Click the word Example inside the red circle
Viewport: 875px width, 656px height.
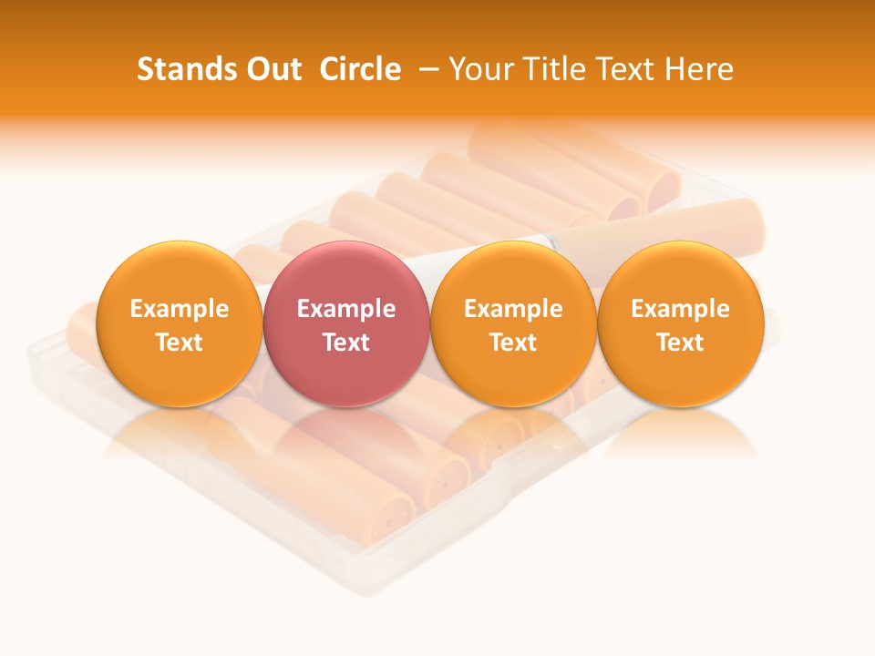346,309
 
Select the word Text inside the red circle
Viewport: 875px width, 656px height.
346,343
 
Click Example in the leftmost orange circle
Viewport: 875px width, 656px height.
180,309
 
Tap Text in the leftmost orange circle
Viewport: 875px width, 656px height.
180,343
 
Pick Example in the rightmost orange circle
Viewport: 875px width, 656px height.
681,309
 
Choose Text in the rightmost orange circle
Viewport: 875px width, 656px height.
681,343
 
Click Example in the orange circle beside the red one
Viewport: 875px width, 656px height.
513,309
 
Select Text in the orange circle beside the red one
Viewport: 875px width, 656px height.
513,343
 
